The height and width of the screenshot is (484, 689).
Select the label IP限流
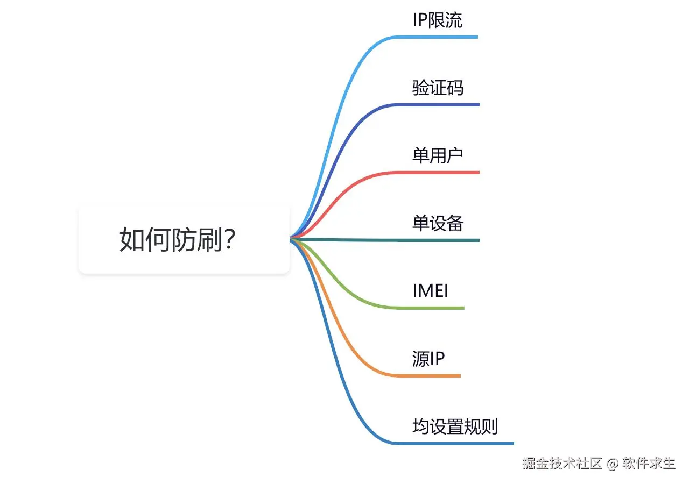coord(437,20)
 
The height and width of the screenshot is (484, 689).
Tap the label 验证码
coord(438,88)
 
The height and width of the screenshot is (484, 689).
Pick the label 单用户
coord(438,155)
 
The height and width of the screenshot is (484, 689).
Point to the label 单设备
coord(438,223)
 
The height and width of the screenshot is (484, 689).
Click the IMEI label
coord(430,291)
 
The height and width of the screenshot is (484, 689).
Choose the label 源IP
coord(428,359)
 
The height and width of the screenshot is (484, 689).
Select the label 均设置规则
coord(455,426)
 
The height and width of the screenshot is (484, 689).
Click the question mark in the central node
coord(229,240)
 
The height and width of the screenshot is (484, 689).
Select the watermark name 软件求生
coord(649,463)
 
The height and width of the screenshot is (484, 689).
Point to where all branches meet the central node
coord(291,238)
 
